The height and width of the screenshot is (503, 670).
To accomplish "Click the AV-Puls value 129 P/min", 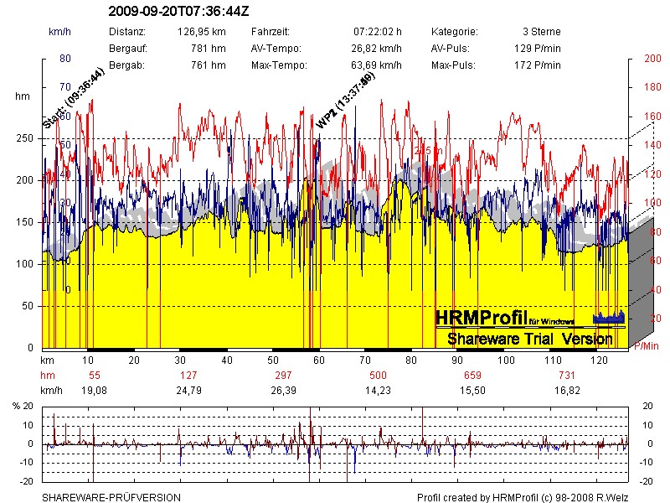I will pos(537,48).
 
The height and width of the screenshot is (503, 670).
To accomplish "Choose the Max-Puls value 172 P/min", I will pos(537,65).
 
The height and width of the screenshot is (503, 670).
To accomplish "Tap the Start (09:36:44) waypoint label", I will pos(73,98).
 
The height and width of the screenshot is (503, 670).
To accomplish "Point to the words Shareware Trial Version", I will pos(529,339).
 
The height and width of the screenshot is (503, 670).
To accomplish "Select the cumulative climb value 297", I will pos(283,375).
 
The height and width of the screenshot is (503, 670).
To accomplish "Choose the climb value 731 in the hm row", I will pos(568,375).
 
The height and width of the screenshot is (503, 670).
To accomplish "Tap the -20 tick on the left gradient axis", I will pos(28,481).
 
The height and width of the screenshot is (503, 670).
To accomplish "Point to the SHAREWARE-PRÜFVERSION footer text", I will pos(111,497).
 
